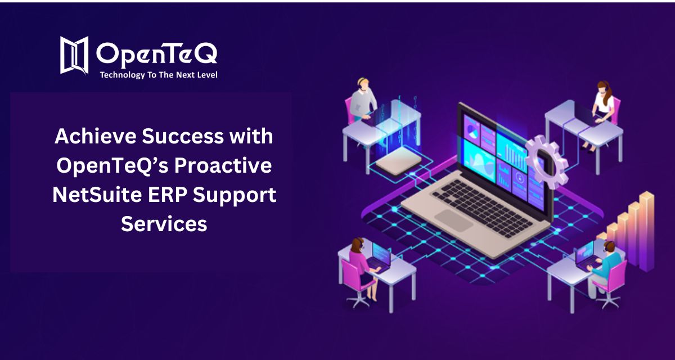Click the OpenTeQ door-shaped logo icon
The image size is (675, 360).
tap(75, 55)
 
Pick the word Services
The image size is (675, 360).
tap(164, 224)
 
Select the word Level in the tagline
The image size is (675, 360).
tap(205, 75)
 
